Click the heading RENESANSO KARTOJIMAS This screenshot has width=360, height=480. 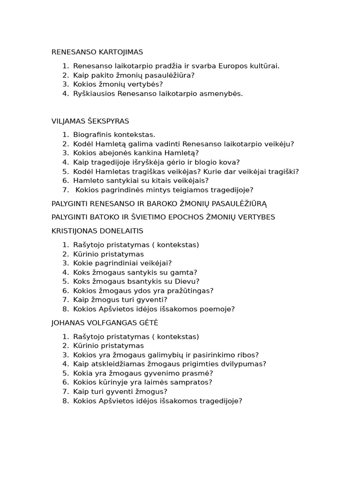tap(97, 52)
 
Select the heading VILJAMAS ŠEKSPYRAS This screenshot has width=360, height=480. tap(90, 121)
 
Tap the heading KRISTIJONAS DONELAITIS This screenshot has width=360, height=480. tap(97, 231)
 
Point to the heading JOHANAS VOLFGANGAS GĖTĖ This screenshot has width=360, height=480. tap(105, 323)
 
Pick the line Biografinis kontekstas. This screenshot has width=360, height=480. tap(114, 135)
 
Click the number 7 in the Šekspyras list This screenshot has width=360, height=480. tap(65, 190)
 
